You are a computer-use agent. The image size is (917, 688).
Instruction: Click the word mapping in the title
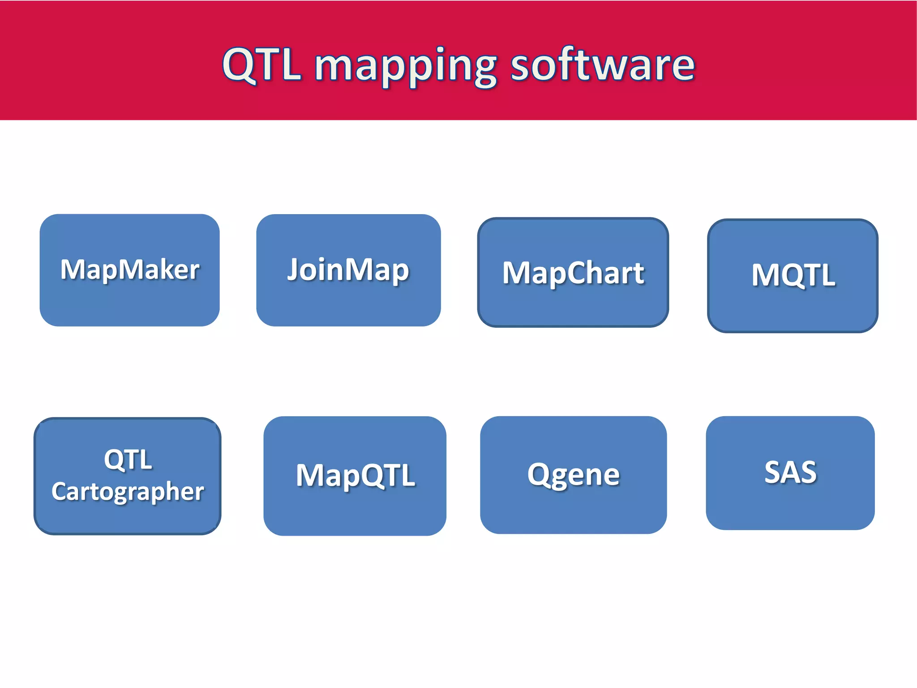(x=405, y=66)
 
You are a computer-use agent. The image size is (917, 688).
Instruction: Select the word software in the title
(x=603, y=65)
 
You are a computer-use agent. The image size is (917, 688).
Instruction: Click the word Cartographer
(x=128, y=492)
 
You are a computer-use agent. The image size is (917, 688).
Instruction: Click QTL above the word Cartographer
(x=128, y=459)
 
